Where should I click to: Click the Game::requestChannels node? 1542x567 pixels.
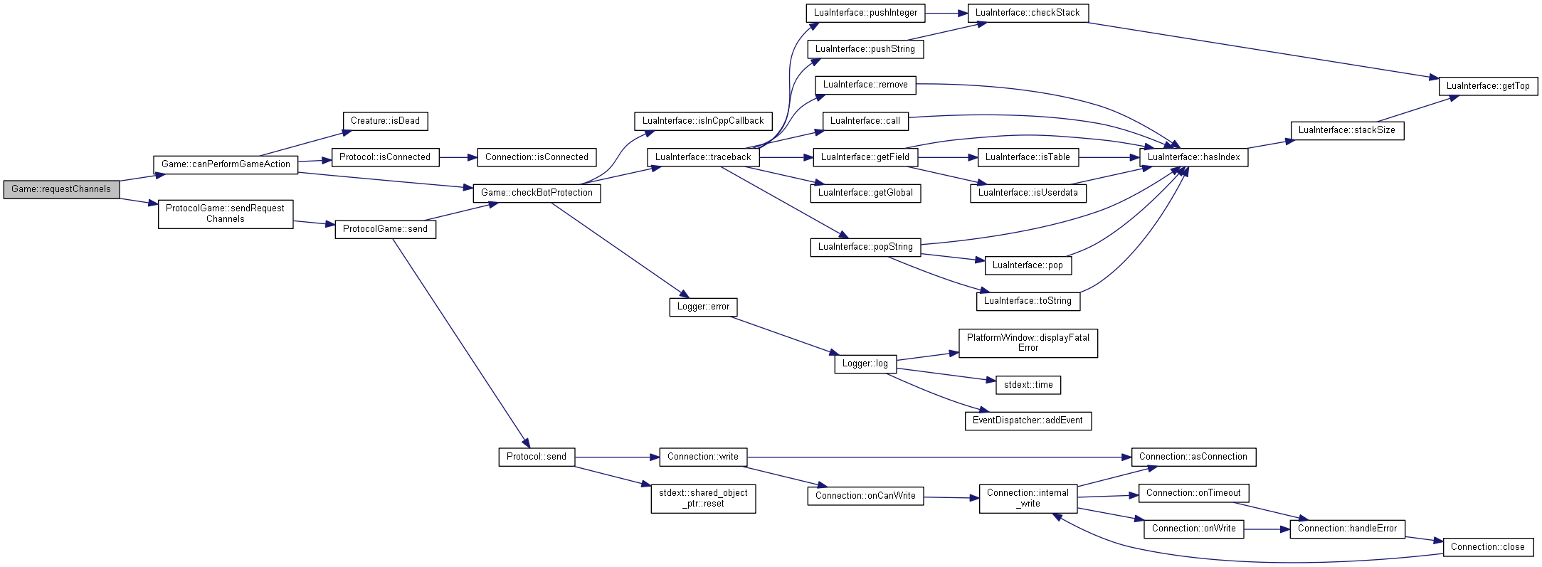click(x=61, y=189)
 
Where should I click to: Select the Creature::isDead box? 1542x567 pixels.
click(x=385, y=121)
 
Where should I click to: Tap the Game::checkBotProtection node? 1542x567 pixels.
click(x=537, y=193)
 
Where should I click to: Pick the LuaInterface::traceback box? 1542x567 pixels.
click(x=703, y=157)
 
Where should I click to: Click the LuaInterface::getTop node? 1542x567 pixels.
click(x=1488, y=86)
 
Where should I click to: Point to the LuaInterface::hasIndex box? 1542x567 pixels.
click(x=1193, y=157)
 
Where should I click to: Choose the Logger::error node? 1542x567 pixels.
click(x=703, y=307)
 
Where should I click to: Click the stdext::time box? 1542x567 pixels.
click(x=1028, y=385)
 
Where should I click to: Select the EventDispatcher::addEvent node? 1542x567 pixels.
click(x=1028, y=420)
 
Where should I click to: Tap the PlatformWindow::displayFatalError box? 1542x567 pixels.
click(x=1028, y=343)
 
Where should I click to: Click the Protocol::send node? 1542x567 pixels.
click(x=537, y=457)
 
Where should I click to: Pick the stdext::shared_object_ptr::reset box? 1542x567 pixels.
click(x=703, y=498)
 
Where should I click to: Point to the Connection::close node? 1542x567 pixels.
click(x=1487, y=547)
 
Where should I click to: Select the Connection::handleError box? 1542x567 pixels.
click(x=1347, y=529)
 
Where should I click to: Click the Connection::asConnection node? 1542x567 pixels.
click(x=1193, y=457)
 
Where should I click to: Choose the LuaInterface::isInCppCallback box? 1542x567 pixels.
click(x=703, y=121)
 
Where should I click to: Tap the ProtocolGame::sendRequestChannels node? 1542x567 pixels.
click(x=226, y=213)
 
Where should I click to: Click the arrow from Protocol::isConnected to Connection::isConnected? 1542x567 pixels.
click(x=458, y=157)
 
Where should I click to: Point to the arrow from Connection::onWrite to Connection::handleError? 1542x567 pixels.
click(x=1267, y=529)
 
